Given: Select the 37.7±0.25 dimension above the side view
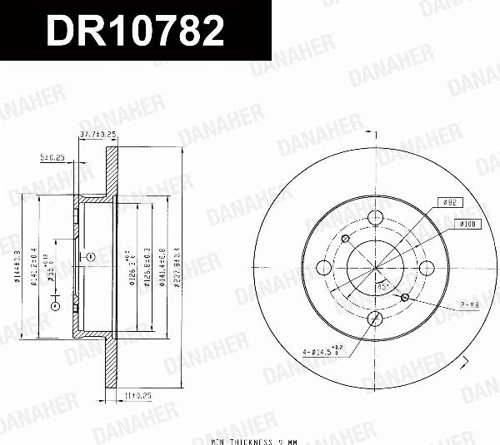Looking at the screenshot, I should [97, 135].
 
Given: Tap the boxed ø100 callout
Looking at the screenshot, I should [466, 224].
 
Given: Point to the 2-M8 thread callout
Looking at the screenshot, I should [468, 305].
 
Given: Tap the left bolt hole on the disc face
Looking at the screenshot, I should [325, 267].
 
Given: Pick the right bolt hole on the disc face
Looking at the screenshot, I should [427, 267].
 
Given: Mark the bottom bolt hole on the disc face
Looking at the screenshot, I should [376, 318].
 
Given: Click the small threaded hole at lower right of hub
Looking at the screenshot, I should [405, 297].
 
